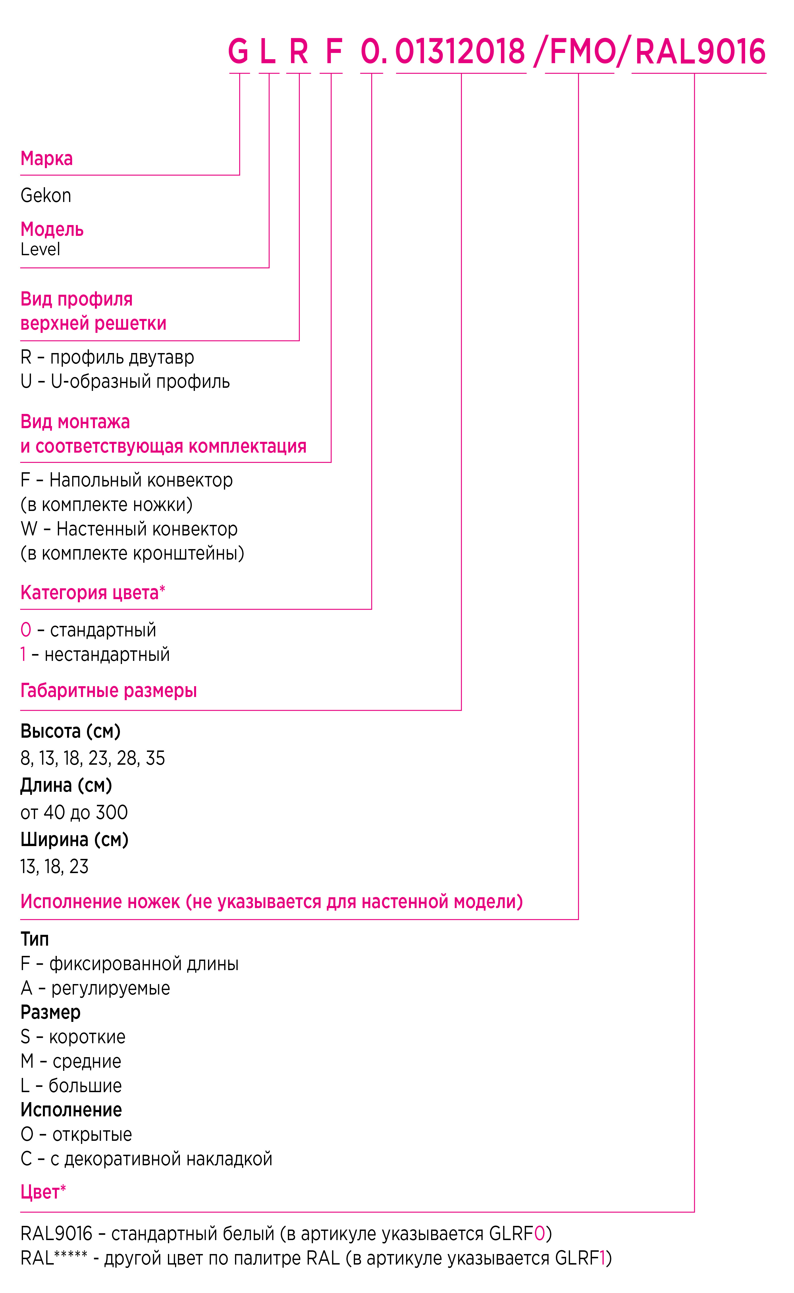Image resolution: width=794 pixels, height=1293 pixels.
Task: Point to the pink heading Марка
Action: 47,158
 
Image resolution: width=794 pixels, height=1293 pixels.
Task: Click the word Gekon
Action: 46,195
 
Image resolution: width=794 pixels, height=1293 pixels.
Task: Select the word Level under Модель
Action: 40,249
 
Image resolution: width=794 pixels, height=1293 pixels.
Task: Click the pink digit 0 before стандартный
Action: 26,630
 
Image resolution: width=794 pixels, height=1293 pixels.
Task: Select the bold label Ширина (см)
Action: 74,840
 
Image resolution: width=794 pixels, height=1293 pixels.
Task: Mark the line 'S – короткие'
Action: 73,1037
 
